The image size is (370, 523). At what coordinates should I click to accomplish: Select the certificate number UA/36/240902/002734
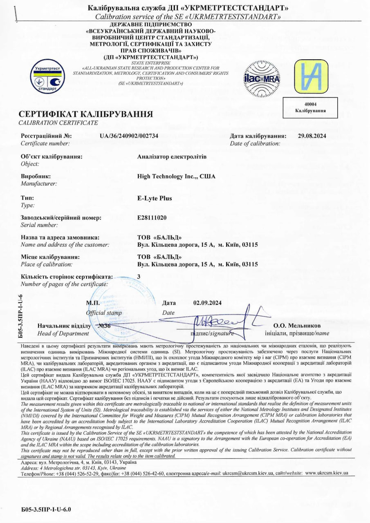point(129,136)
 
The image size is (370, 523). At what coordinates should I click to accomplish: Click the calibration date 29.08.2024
point(312,136)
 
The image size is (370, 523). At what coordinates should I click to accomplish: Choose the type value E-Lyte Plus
point(155,199)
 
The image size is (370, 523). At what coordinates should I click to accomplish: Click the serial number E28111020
point(152,217)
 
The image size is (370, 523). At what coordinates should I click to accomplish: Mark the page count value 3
point(139,276)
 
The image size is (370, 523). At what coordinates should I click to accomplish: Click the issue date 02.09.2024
point(207,303)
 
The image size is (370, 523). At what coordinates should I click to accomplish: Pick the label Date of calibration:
point(255,143)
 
